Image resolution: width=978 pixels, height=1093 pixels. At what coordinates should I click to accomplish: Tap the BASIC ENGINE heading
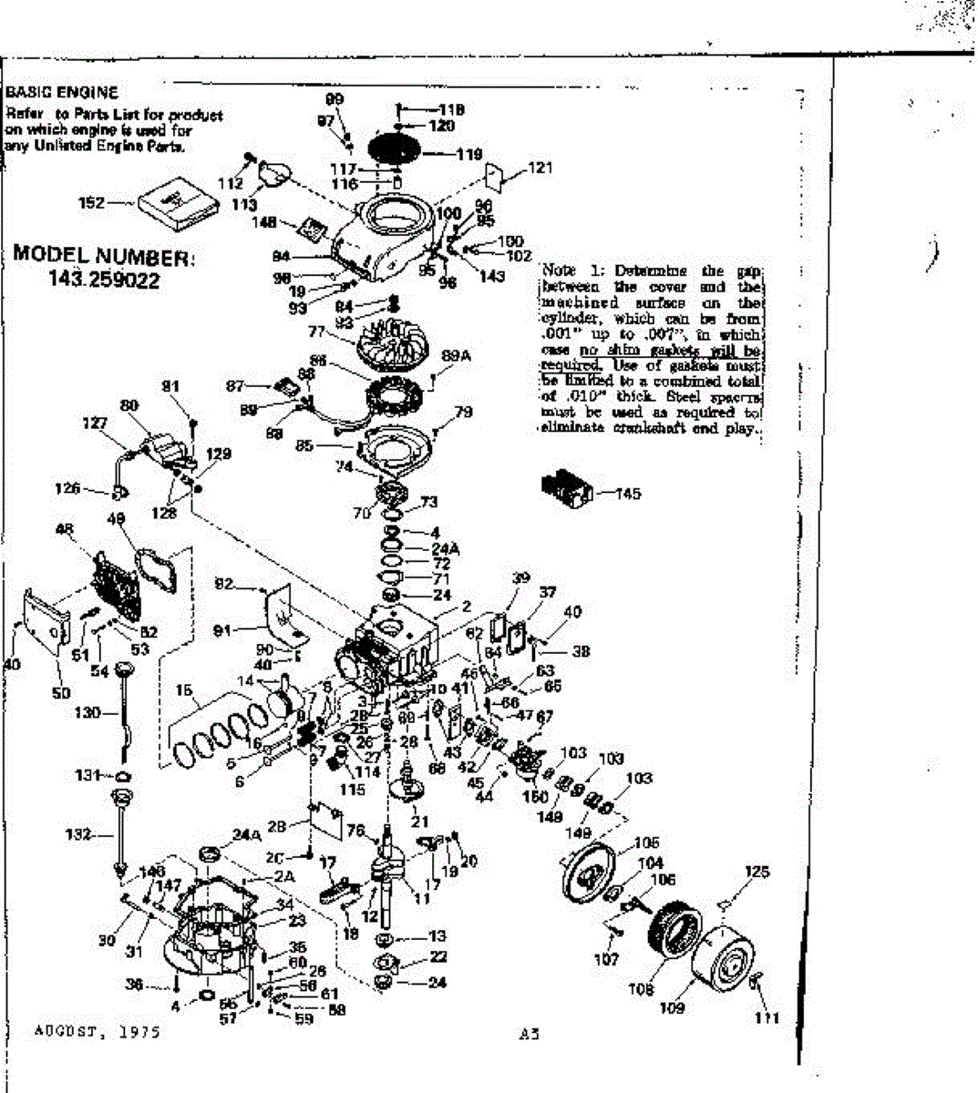coord(62,93)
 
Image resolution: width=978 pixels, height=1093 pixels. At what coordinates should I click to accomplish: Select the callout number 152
coord(93,203)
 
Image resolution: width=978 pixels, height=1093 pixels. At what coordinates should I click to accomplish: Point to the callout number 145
coord(628,494)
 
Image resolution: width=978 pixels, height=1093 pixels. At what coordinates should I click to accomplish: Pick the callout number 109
coord(672,1008)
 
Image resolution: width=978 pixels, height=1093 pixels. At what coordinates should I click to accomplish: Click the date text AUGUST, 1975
coord(97,1032)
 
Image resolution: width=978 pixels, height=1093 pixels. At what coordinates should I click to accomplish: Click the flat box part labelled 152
coord(179,201)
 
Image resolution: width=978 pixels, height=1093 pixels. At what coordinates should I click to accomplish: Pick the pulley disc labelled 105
coord(597,875)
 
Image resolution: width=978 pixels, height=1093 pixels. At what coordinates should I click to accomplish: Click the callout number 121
coord(540,168)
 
